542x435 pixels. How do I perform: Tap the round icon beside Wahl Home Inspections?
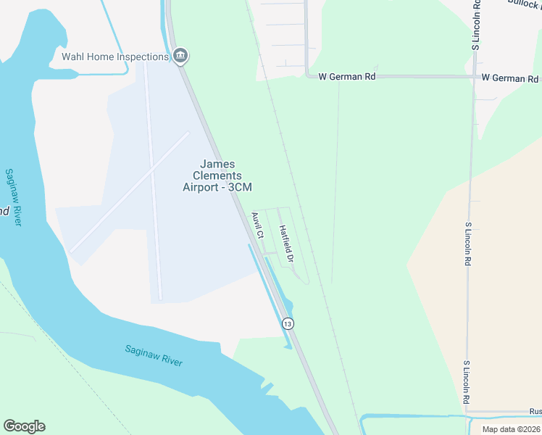(180, 56)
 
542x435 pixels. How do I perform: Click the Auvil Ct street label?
(257, 225)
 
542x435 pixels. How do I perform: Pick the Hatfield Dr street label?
(285, 244)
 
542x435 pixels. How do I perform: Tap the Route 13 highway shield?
(288, 323)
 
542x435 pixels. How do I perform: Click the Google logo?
(24, 426)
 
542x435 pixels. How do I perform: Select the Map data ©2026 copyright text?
(510, 428)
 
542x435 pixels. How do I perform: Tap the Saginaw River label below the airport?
(153, 357)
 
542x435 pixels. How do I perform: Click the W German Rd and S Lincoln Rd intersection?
(474, 76)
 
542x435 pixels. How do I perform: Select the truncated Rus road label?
(535, 411)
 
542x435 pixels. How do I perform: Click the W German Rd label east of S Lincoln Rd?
(510, 78)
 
